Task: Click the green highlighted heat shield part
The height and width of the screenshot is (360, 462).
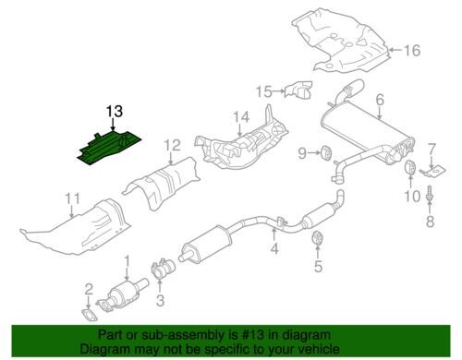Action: pos(109,149)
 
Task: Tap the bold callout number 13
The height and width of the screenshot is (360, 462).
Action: pos(115,112)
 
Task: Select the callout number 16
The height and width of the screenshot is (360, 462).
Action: pos(412,50)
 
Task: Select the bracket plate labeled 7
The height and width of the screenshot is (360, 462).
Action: pos(433,171)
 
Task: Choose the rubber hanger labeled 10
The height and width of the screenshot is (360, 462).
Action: pos(410,167)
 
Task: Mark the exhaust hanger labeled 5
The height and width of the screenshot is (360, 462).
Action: pos(317,237)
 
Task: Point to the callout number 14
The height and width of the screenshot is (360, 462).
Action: pos(241,117)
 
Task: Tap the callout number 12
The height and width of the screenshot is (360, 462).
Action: pos(172,145)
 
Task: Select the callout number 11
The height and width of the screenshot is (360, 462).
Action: pos(73,198)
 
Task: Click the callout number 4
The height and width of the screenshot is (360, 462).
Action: pos(274,248)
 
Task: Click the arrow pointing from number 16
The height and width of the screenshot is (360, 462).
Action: pos(395,50)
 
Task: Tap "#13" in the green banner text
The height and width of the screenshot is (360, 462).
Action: pos(249,335)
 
